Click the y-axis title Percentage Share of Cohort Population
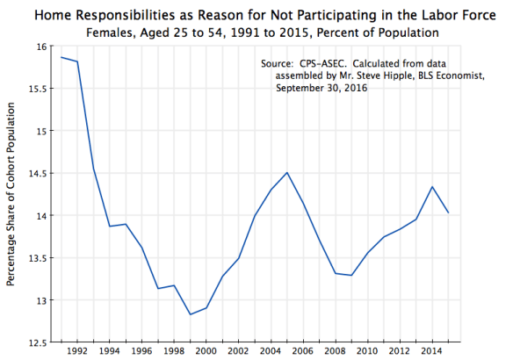click(11, 193)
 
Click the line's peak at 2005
click(285, 172)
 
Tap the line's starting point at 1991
click(61, 57)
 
